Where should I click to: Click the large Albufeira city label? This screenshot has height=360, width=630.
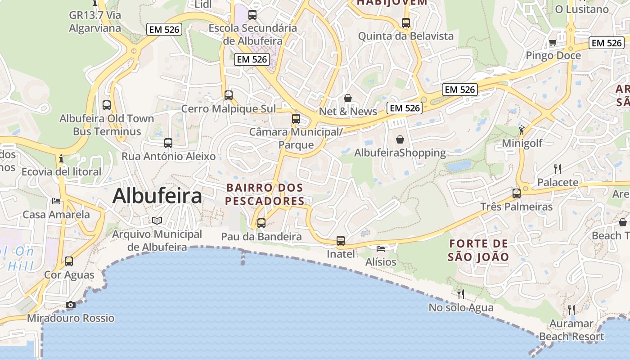[157, 196]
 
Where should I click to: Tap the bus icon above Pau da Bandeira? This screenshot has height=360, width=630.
[261, 223]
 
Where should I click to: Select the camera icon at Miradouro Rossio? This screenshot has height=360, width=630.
[70, 305]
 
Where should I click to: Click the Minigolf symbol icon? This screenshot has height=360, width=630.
[522, 130]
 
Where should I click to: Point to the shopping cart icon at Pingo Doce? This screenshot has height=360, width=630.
[553, 43]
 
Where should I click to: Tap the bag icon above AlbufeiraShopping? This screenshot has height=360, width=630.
[400, 139]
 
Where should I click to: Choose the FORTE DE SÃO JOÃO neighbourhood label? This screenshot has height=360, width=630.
[479, 251]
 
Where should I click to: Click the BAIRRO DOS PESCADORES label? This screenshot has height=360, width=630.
[265, 194]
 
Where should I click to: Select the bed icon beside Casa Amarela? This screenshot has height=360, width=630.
[56, 201]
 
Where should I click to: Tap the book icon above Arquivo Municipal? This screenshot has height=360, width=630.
[157, 220]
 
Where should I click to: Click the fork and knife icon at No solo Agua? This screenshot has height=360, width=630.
[461, 294]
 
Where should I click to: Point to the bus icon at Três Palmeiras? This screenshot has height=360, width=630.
[516, 193]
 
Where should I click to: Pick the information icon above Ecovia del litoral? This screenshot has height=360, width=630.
[61, 158]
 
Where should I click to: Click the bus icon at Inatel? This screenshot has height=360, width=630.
[341, 241]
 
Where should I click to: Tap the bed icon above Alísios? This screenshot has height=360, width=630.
[381, 248]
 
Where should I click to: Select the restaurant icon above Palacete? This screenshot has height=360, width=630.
[558, 169]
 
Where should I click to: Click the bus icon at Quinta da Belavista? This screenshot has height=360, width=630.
[405, 22]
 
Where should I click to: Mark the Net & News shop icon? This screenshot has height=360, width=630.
[347, 98]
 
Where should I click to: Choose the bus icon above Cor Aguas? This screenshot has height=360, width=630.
[69, 261]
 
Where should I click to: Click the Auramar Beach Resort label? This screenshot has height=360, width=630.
[571, 330]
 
